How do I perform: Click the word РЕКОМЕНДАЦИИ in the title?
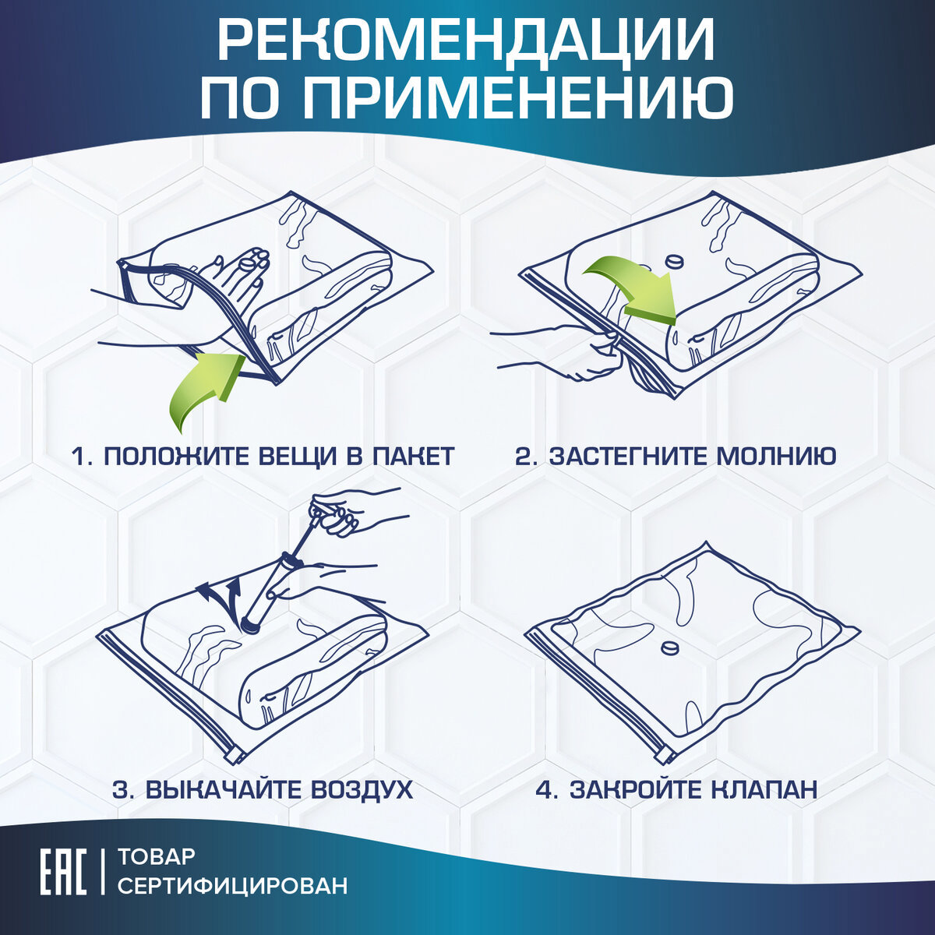coord(466,41)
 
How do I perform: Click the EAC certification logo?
coord(63,870)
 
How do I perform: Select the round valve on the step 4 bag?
coord(668,647)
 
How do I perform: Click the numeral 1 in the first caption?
coord(78,456)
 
